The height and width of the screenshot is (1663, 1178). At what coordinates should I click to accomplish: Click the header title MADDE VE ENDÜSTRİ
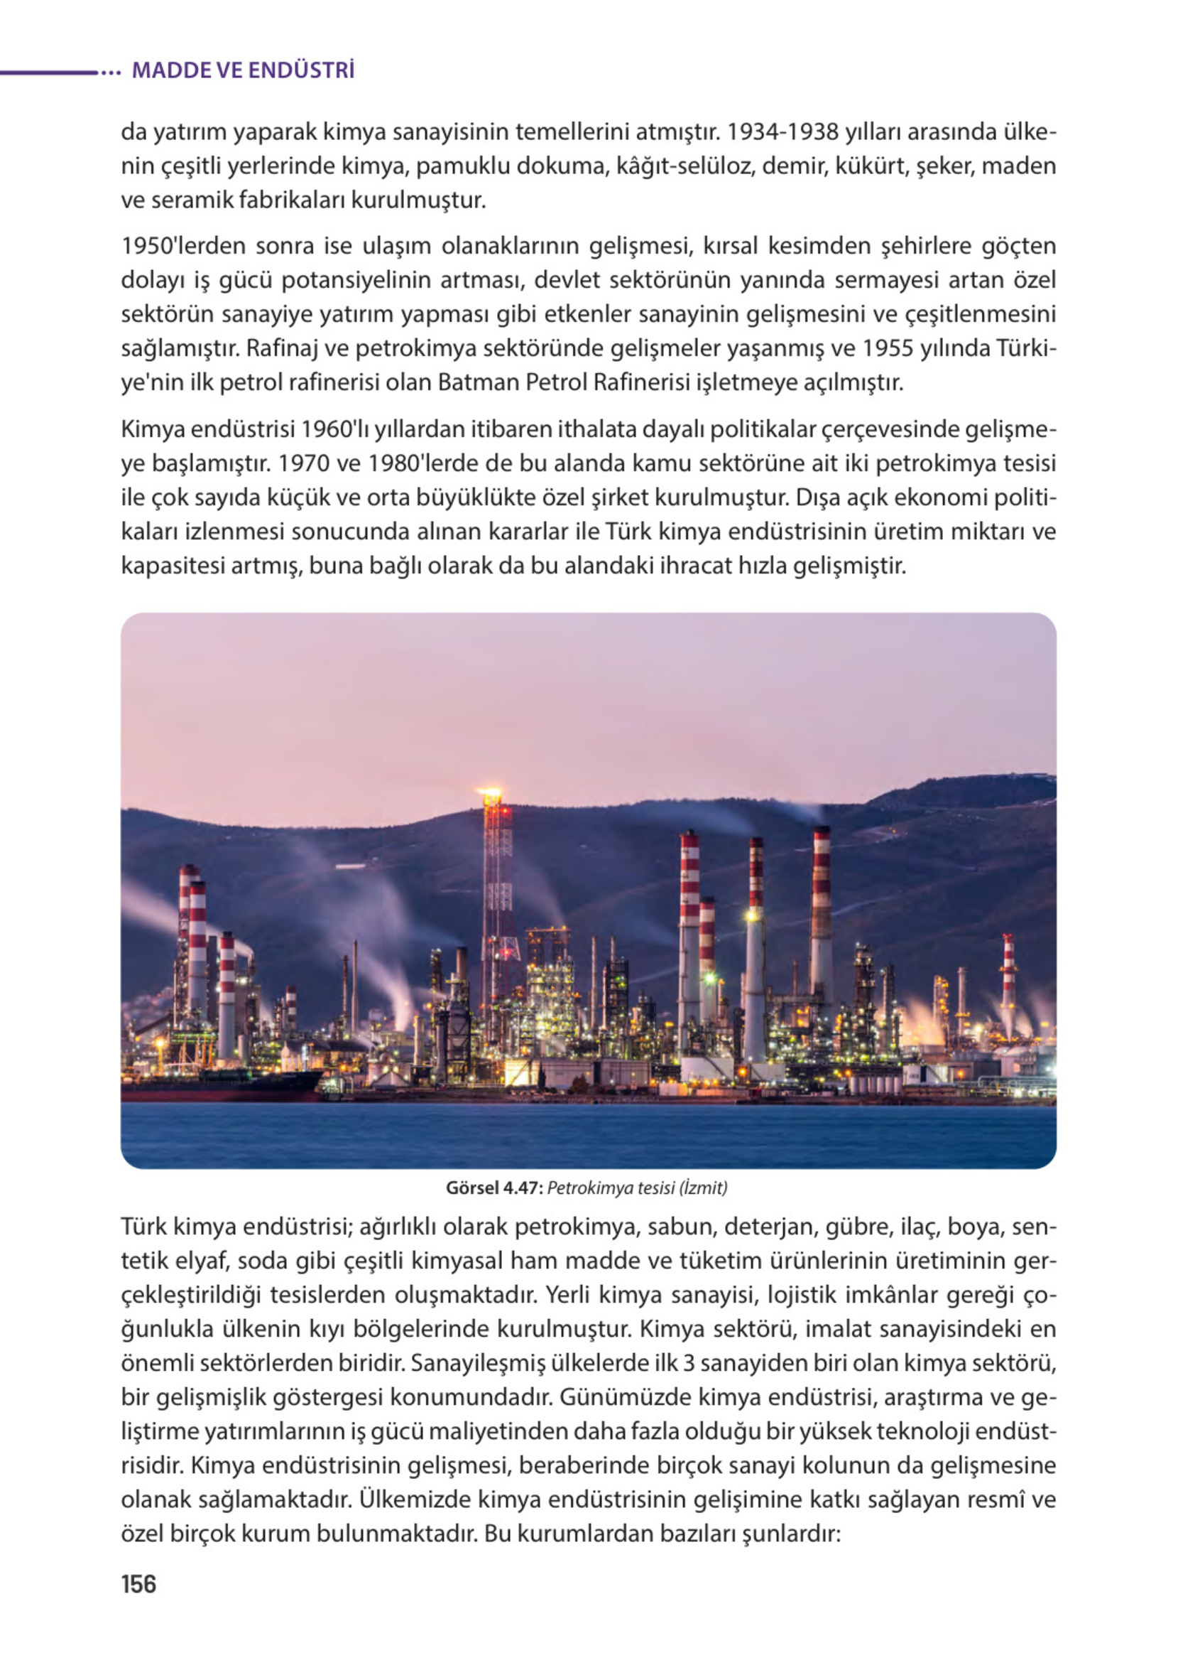point(243,70)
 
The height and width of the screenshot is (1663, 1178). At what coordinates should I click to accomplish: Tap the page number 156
point(138,1584)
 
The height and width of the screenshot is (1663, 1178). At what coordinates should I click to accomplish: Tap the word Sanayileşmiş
point(470,1363)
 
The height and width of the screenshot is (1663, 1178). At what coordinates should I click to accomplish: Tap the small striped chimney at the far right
point(1008,965)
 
